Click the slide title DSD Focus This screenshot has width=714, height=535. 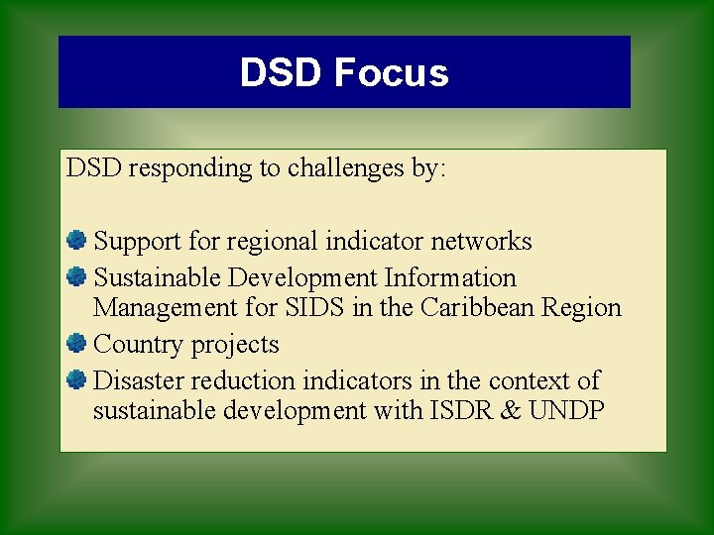344,73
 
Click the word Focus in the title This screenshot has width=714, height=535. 392,73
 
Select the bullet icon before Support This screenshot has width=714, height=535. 76,240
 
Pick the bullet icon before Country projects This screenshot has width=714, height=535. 76,344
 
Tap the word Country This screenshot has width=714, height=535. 138,345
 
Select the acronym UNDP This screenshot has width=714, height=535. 566,411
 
